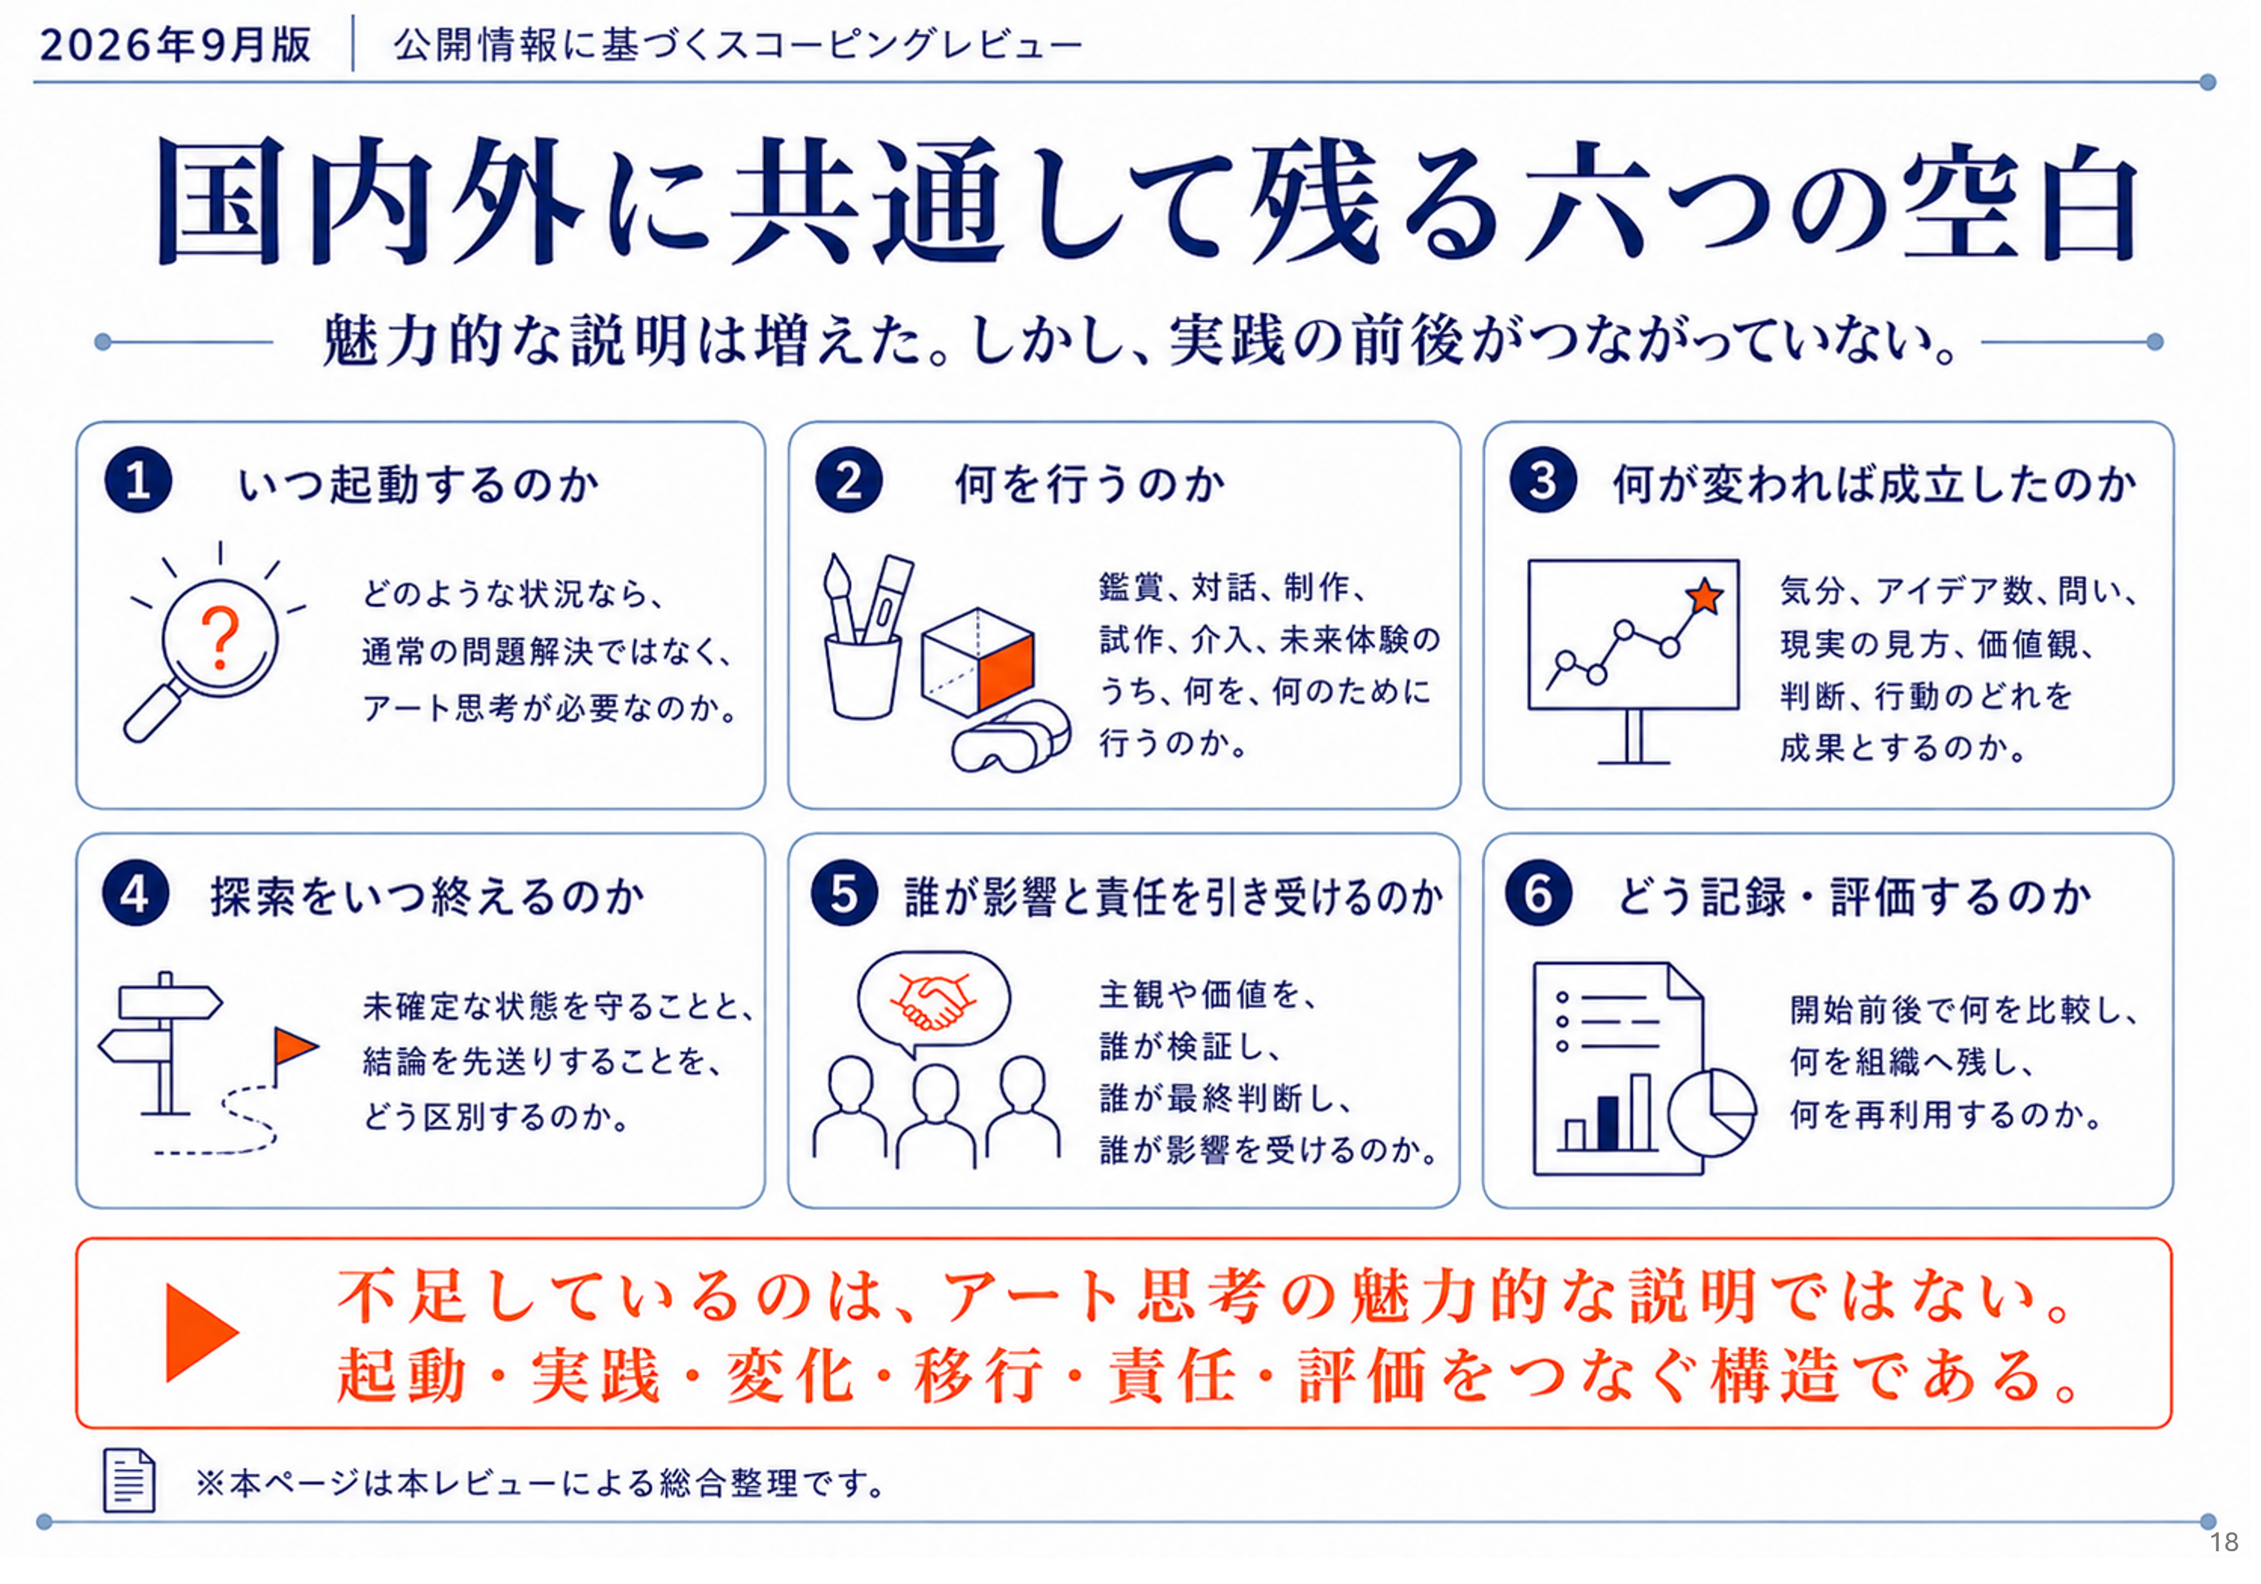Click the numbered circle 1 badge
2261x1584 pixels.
[138, 481]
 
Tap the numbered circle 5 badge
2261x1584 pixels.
[844, 893]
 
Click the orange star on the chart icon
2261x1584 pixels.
[1704, 597]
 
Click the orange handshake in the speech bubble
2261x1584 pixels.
[932, 1001]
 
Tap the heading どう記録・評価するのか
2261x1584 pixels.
[1854, 897]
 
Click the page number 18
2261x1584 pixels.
[2224, 1542]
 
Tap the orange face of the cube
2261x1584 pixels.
[1005, 673]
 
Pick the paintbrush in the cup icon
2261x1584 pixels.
[839, 596]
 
